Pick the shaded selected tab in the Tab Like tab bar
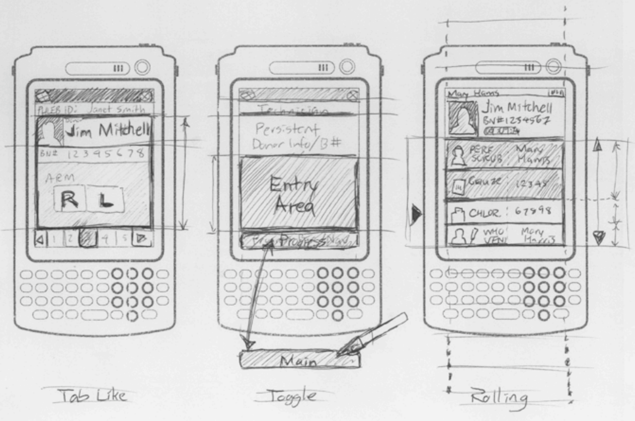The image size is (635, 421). click(x=88, y=239)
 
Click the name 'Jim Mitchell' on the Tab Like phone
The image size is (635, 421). click(x=107, y=131)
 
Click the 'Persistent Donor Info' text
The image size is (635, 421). click(x=291, y=135)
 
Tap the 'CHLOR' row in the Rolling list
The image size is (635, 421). click(x=506, y=212)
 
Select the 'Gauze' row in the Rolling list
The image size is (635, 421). click(x=506, y=185)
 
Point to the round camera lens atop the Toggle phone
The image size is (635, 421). click(x=347, y=67)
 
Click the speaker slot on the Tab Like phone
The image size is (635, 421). click(x=97, y=68)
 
